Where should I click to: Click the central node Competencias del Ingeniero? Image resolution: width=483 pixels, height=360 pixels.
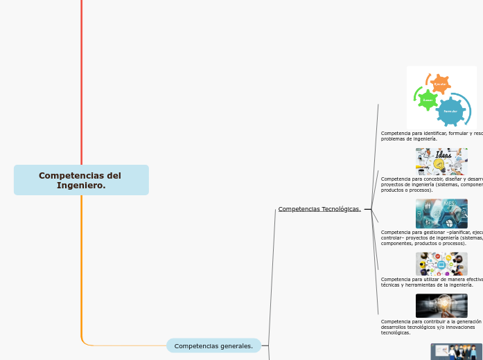click(x=80, y=180)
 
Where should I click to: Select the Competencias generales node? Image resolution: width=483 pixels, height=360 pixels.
click(x=213, y=345)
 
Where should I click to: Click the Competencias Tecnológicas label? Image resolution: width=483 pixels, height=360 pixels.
click(x=319, y=209)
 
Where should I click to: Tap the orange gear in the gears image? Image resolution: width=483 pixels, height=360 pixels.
click(x=439, y=84)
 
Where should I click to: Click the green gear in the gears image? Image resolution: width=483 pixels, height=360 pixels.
click(x=427, y=100)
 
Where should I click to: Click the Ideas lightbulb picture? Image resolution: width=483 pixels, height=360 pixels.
click(x=441, y=161)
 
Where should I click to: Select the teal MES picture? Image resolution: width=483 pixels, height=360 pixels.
click(x=441, y=213)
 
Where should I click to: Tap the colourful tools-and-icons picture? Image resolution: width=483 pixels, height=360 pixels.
click(x=441, y=264)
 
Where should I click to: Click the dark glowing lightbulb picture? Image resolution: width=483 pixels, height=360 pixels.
click(x=441, y=305)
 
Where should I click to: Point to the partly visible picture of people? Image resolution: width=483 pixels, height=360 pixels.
click(x=456, y=352)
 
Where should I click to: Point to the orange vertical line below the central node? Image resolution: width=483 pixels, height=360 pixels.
click(x=82, y=263)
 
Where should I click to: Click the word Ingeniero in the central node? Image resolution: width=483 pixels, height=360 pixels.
click(x=80, y=185)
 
